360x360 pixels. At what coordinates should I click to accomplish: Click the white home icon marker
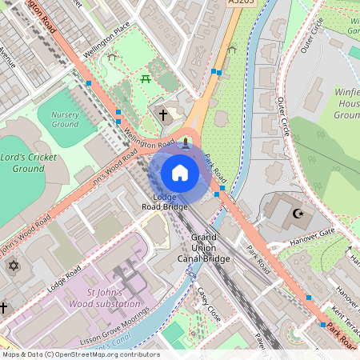click(180, 173)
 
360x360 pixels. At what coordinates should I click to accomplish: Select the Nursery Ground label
click(65, 119)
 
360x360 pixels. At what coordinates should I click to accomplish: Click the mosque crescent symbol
click(298, 214)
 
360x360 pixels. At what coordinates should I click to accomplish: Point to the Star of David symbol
click(13, 265)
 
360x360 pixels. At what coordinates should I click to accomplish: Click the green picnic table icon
click(146, 78)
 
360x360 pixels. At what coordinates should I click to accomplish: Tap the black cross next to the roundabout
click(163, 115)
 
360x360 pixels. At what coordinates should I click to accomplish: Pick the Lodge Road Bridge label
click(165, 202)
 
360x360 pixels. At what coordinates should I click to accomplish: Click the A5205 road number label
click(241, 3)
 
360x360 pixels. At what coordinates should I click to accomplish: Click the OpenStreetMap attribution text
click(80, 354)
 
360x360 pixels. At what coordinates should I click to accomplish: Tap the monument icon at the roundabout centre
click(186, 142)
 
